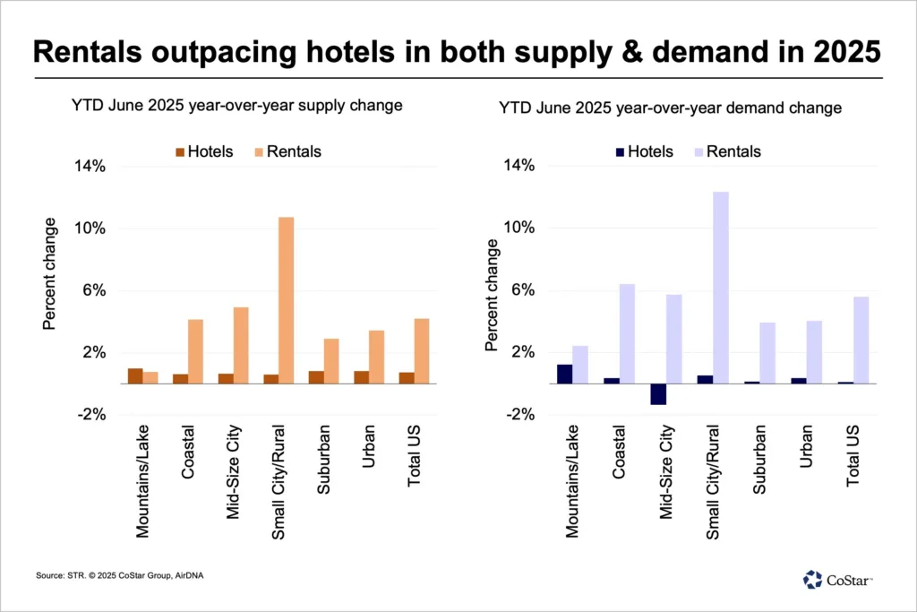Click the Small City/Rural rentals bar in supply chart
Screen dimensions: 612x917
click(286, 300)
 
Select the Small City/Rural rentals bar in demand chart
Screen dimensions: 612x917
click(721, 288)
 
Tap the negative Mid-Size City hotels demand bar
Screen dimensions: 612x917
click(658, 393)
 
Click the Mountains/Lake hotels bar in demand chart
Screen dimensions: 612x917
click(564, 374)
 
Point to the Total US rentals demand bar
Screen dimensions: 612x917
click(861, 340)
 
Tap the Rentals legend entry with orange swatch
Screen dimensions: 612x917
click(284, 151)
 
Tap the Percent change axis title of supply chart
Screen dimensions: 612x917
click(49, 273)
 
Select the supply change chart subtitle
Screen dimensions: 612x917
click(236, 106)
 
